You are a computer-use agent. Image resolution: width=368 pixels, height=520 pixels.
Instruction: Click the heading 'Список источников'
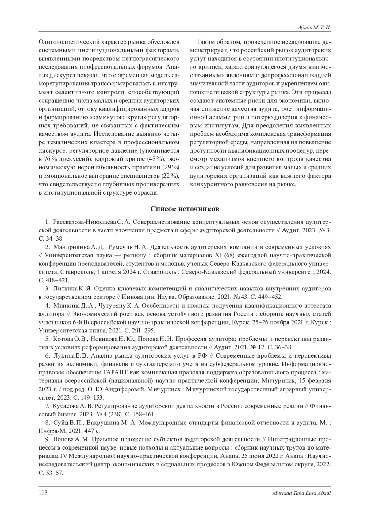[x=185, y=209]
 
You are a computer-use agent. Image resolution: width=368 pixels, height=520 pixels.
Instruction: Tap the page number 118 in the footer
[x=43, y=492]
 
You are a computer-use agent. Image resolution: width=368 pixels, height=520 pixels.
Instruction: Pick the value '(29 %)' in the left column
[x=171, y=167]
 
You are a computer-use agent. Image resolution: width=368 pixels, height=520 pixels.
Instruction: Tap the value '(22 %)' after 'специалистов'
[x=170, y=176]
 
